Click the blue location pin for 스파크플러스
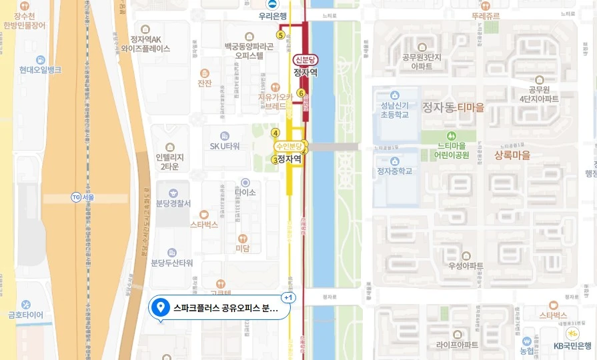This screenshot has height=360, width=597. point(159,307)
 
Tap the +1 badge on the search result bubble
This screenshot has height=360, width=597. point(288,297)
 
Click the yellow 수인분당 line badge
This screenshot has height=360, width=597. point(289,146)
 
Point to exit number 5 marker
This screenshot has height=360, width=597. point(280,35)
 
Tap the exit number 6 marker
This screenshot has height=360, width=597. point(301,93)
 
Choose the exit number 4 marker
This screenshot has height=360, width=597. point(275,133)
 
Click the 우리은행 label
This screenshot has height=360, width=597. point(273,17)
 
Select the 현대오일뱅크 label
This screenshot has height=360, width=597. point(40,69)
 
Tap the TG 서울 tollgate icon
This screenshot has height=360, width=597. point(76,197)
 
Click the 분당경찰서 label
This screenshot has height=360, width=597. point(173,203)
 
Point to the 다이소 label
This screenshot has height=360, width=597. point(245,192)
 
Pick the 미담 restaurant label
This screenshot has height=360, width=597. point(242,248)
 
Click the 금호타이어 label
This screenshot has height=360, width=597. point(25,315)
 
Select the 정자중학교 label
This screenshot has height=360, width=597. point(394,171)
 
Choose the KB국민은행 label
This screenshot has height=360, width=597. point(572,345)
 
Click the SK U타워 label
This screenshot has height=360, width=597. point(225,146)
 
